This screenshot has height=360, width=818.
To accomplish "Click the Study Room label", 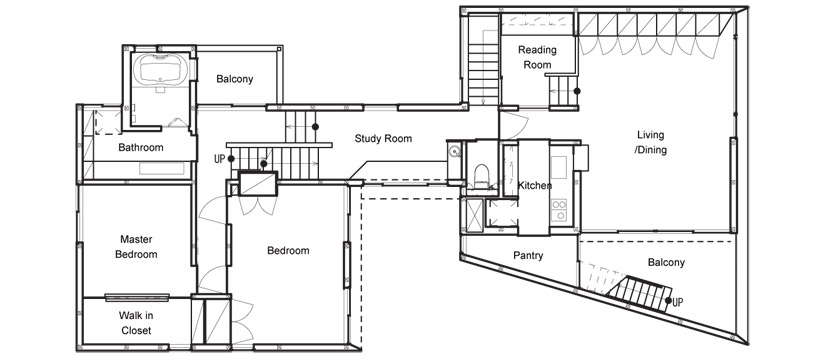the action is pyautogui.click(x=383, y=139).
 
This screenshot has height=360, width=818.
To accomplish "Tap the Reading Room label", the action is pyautogui.click(x=537, y=57).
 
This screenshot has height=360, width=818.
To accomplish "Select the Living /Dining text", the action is pyautogui.click(x=651, y=142).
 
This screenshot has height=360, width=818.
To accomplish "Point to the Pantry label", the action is pyautogui.click(x=528, y=256).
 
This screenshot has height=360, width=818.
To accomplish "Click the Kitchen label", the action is pyautogui.click(x=535, y=185).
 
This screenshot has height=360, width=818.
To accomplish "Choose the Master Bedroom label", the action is pyautogui.click(x=136, y=247).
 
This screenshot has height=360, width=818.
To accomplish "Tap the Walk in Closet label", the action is pyautogui.click(x=136, y=323).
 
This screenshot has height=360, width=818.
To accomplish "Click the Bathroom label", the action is pyautogui.click(x=140, y=148).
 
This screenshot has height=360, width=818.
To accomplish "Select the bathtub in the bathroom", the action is pyautogui.click(x=160, y=69).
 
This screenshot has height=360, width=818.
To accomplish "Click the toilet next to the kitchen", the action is pyautogui.click(x=480, y=175).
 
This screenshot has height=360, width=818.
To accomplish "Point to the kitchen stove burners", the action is pyautogui.click(x=559, y=210).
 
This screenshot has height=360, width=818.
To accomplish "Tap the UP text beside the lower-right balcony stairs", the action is pyautogui.click(x=679, y=302).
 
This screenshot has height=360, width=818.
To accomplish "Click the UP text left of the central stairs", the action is pyautogui.click(x=219, y=159).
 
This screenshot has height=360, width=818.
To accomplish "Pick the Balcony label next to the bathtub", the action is pyautogui.click(x=235, y=79).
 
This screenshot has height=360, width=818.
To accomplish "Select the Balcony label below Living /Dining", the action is pyautogui.click(x=666, y=262).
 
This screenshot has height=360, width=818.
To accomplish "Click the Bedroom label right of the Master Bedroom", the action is pyautogui.click(x=288, y=250).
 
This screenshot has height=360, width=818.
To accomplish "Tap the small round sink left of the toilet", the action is pyautogui.click(x=455, y=152).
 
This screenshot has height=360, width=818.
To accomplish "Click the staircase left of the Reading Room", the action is pyautogui.click(x=483, y=61).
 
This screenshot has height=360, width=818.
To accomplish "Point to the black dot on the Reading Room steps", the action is pyautogui.click(x=578, y=91).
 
